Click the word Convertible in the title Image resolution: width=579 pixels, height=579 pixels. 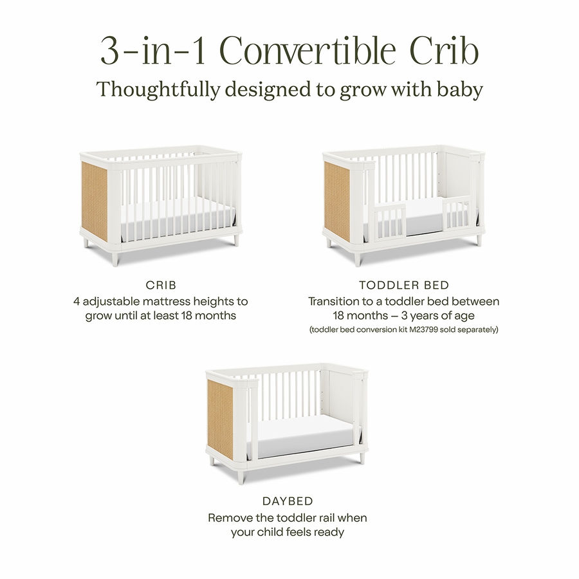(308, 51)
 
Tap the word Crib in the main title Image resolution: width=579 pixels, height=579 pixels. (444, 51)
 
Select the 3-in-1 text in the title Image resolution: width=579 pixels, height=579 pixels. (153, 51)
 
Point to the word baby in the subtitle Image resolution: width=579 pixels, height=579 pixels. (460, 89)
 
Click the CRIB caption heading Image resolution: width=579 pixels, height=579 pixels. (161, 285)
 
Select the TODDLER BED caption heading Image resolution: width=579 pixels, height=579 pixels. (404, 285)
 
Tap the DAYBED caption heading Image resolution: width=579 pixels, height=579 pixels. (288, 501)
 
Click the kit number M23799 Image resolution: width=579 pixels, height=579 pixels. (425, 329)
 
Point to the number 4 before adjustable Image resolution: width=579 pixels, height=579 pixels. (77, 301)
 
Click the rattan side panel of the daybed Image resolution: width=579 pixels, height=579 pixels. (221, 418)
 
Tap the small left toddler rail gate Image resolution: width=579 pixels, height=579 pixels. (390, 221)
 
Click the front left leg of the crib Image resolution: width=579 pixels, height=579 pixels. (116, 257)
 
